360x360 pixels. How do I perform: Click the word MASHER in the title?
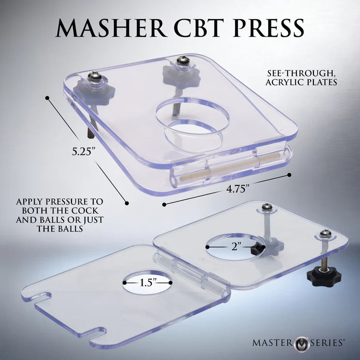click(111, 28)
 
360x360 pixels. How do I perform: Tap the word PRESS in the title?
click(268, 28)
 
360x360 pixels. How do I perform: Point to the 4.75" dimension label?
click(238, 189)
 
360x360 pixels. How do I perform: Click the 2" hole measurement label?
click(235, 247)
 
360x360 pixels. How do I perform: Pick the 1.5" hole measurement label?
click(148, 282)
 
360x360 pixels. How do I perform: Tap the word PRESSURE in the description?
click(67, 201)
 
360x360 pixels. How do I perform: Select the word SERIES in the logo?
click(326, 343)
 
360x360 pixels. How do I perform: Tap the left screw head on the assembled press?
click(94, 77)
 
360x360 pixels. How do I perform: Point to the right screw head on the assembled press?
click(183, 61)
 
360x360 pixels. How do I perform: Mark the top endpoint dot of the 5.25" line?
click(47, 98)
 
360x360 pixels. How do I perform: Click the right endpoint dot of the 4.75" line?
click(289, 175)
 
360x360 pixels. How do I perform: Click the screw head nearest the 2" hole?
click(267, 207)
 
